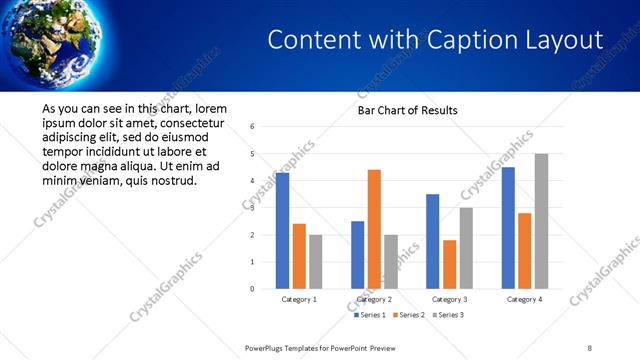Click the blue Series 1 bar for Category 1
click(282, 231)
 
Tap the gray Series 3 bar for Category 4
click(541, 221)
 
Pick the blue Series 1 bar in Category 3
click(432, 241)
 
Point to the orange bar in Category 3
click(449, 264)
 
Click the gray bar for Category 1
click(315, 262)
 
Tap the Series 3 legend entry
click(445, 315)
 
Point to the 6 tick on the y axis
click(252, 127)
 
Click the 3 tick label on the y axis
click(252, 208)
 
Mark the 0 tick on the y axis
click(252, 289)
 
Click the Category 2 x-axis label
click(374, 299)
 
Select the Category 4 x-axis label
click(524, 299)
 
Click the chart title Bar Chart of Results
click(408, 110)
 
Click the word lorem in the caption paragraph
click(212, 108)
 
